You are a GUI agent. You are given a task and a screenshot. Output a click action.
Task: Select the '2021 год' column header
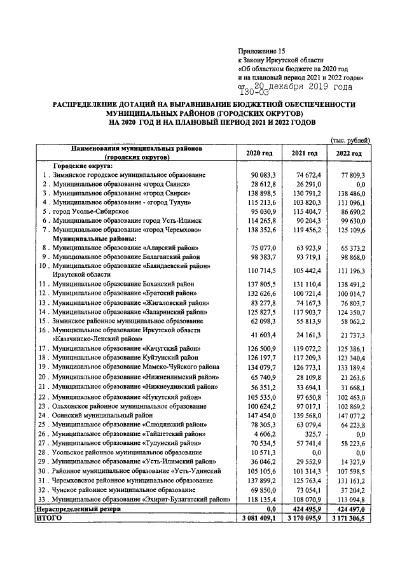coord(304,154)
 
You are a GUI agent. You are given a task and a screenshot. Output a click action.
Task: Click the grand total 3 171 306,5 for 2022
coord(348,519)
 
